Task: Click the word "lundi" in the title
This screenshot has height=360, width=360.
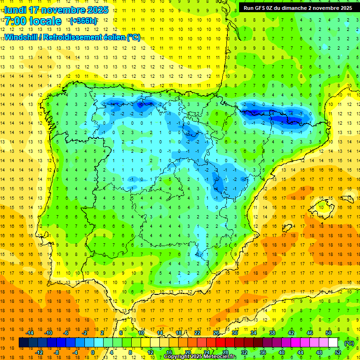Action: coord(16,10)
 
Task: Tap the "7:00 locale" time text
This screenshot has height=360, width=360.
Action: coord(33,21)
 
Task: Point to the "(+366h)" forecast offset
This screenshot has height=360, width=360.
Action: coord(83,21)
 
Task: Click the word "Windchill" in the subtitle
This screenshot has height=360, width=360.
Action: coord(22,37)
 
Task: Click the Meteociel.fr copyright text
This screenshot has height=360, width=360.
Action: coord(200,357)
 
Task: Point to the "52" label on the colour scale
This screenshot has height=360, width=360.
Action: coord(338,352)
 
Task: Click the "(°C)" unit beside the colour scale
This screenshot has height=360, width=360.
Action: coord(349,343)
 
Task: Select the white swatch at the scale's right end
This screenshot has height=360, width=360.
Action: coord(333,343)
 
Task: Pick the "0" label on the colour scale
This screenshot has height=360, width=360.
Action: coord(92,352)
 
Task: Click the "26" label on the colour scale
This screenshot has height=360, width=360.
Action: coord(216,333)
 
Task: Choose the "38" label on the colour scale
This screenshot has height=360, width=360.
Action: coord(272,333)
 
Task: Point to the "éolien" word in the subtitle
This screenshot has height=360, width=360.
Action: coord(112,37)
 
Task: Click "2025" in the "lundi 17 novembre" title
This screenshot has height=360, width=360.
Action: coord(98,10)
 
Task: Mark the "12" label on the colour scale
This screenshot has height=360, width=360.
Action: coord(150,352)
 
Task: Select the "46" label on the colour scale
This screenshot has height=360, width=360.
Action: coord(309,333)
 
